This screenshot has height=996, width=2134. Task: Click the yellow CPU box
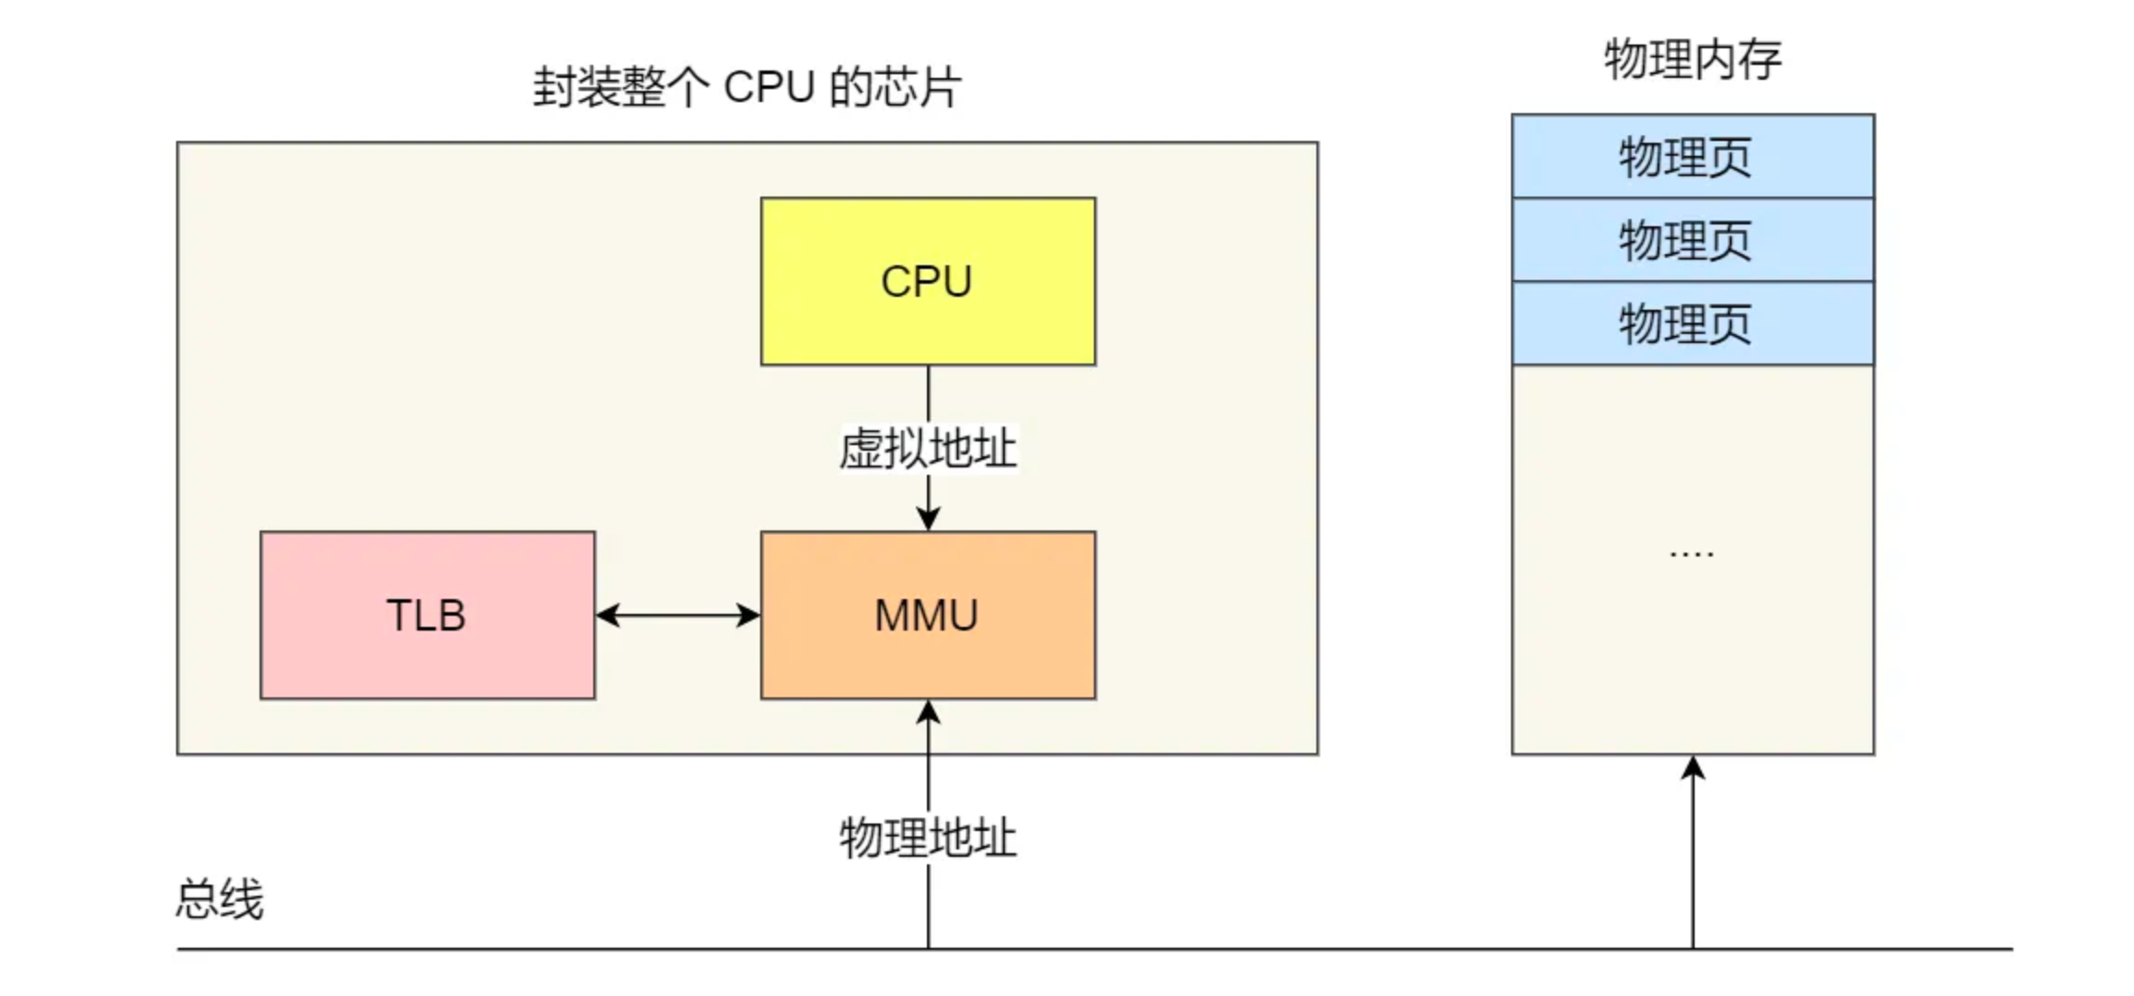pos(927,281)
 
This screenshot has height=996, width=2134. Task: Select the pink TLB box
pos(426,615)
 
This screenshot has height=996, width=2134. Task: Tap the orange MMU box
pos(927,615)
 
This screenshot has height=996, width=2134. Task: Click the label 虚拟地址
pos(928,449)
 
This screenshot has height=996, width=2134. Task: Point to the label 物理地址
pos(928,837)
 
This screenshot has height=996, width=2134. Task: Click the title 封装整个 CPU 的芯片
pos(746,88)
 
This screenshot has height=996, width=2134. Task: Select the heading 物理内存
pos(1692,60)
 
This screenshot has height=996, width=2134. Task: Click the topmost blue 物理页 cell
pos(1692,156)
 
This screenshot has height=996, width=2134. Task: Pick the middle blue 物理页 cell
pos(1692,240)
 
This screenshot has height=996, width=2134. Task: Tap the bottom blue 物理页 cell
pos(1692,324)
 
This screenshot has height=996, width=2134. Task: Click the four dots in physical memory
pos(1691,555)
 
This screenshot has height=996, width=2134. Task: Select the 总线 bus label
pos(220,900)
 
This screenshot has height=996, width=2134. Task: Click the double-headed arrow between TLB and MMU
pos(678,615)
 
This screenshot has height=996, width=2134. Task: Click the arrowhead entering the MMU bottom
pos(928,712)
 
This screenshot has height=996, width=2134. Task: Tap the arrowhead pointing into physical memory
pos(1693,768)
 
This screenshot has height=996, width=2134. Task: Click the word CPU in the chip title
pos(768,88)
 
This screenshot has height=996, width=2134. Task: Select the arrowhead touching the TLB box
pos(608,615)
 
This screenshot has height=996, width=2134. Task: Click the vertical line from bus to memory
pos(1693,862)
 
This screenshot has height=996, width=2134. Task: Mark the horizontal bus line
pos(1298,949)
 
